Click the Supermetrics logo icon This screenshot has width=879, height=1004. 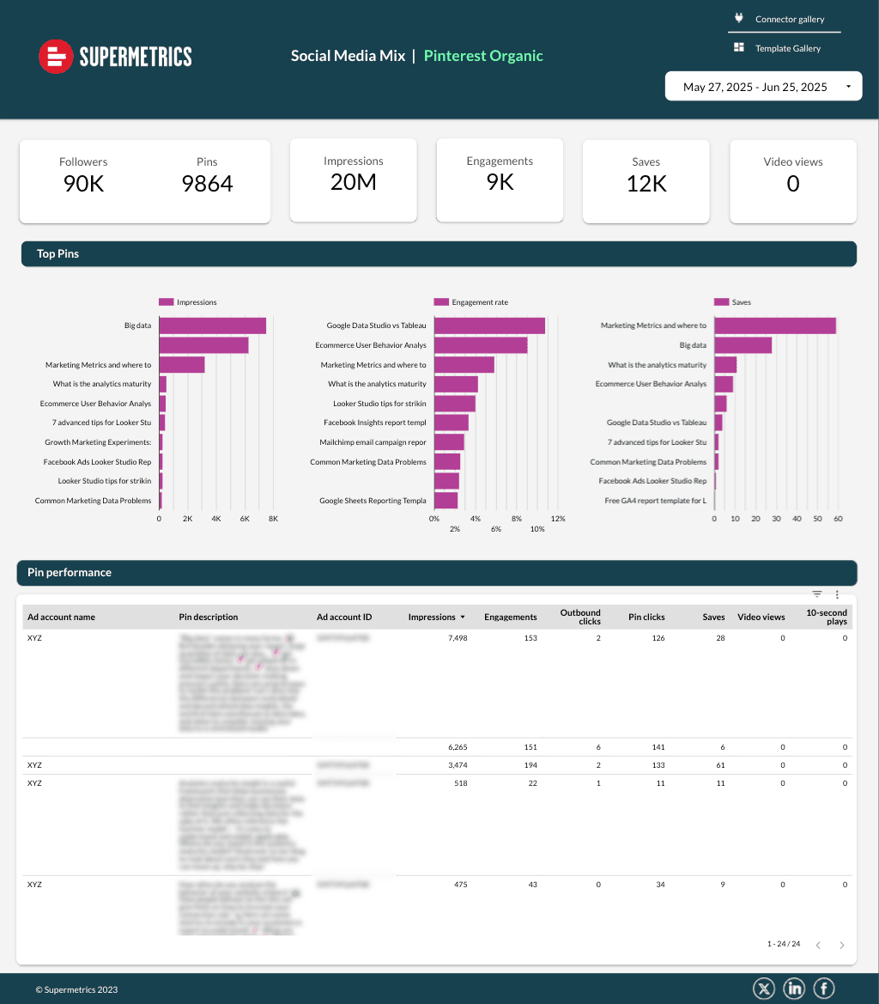click(x=56, y=57)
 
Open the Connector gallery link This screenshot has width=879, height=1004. click(x=789, y=19)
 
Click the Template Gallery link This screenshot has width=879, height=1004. click(x=787, y=48)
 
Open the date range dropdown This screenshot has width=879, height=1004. click(x=763, y=87)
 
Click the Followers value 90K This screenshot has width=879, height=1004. click(x=83, y=183)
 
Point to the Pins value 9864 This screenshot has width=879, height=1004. click(x=207, y=183)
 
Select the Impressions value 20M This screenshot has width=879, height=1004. click(x=354, y=181)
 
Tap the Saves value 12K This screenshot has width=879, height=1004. click(x=646, y=183)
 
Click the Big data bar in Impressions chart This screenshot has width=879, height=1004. click(x=212, y=326)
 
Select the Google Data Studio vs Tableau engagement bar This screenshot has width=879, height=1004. click(x=489, y=326)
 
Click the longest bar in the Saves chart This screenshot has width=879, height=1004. click(x=774, y=326)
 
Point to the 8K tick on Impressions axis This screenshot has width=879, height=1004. click(x=273, y=519)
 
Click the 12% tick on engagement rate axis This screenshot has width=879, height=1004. click(x=558, y=519)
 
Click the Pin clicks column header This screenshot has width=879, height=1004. click(x=646, y=617)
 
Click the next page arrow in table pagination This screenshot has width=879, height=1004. click(x=842, y=945)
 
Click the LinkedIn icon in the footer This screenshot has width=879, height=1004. click(x=794, y=989)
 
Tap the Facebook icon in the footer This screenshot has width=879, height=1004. click(x=823, y=989)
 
